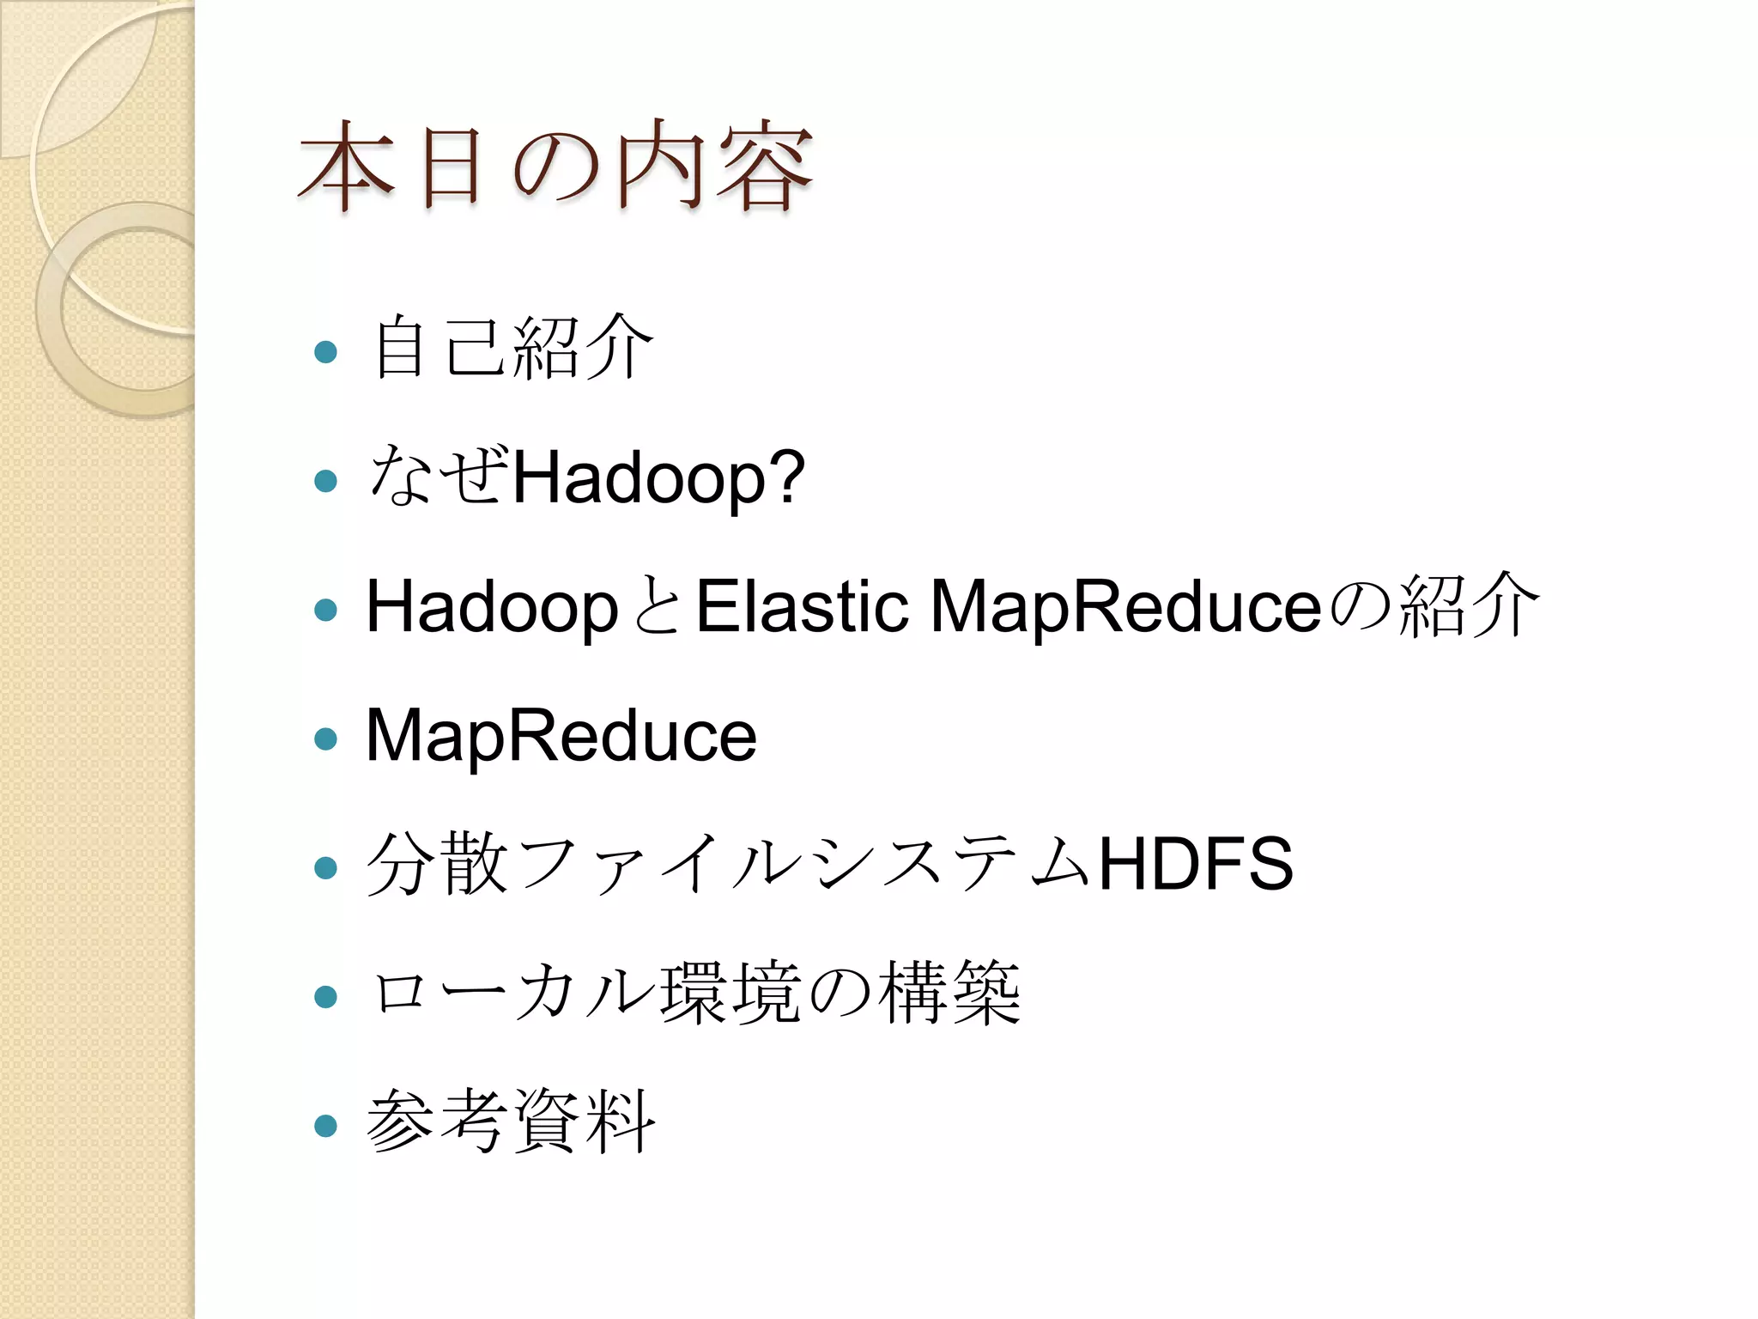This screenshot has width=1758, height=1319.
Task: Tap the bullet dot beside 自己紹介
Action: tap(325, 351)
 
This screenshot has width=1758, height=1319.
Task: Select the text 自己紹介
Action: tap(512, 348)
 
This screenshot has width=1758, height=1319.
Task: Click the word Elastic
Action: tap(802, 606)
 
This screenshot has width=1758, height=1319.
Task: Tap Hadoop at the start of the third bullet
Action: tap(492, 608)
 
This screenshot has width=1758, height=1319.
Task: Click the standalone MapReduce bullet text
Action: tap(561, 735)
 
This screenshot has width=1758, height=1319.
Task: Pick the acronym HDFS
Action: tap(1196, 864)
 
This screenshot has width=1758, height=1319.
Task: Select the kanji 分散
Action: tap(438, 864)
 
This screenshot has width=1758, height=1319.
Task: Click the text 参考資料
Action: tap(511, 1121)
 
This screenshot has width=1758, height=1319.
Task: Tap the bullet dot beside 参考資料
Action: tap(325, 1125)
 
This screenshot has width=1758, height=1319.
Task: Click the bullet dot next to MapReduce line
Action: tap(325, 739)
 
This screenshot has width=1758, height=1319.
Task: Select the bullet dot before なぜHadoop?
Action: tap(325, 480)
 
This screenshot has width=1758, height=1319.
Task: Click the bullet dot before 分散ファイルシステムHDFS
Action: tap(325, 867)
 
